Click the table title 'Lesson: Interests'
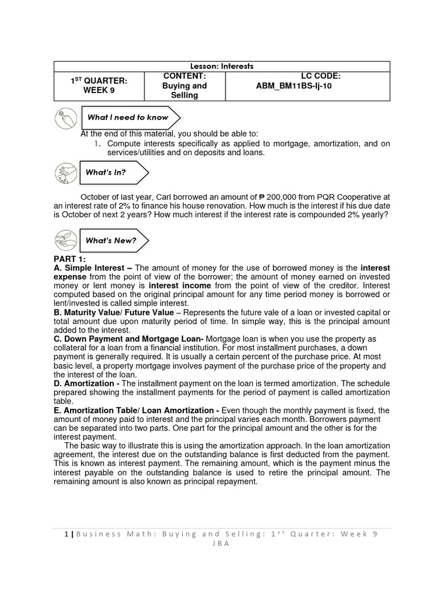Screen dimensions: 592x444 click(x=222, y=66)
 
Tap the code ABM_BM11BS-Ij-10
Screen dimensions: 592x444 click(x=295, y=86)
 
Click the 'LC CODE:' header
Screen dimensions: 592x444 click(x=321, y=76)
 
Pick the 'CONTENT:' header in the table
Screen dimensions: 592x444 click(x=184, y=76)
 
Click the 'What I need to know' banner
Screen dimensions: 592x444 click(x=128, y=117)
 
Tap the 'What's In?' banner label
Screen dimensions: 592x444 click(x=106, y=172)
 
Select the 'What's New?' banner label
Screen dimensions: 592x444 click(x=111, y=240)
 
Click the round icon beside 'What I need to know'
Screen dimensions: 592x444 click(x=64, y=118)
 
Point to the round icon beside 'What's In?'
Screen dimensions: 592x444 click(x=64, y=173)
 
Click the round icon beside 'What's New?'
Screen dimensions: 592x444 click(x=64, y=240)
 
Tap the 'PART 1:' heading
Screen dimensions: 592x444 click(x=69, y=259)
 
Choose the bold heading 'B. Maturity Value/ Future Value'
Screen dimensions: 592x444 click(x=114, y=313)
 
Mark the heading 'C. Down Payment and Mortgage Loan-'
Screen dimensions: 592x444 click(x=128, y=339)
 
